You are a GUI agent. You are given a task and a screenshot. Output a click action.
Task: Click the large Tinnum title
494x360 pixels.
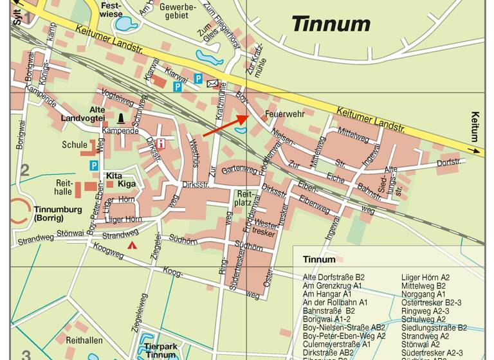331,24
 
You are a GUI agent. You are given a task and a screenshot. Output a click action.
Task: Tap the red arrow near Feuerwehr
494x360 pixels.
225,127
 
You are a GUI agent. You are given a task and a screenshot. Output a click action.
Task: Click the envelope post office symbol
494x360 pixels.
212,84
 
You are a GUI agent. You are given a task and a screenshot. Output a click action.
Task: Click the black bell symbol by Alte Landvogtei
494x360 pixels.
121,118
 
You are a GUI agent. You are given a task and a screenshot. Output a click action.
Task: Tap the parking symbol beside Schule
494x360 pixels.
94,165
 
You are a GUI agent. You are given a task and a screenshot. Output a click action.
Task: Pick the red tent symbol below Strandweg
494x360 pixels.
133,245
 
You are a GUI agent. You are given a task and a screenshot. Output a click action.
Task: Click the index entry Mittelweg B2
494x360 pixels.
423,285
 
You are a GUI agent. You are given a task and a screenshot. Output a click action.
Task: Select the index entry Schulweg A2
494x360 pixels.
423,319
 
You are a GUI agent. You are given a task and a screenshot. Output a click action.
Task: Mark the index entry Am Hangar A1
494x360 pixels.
326,294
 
